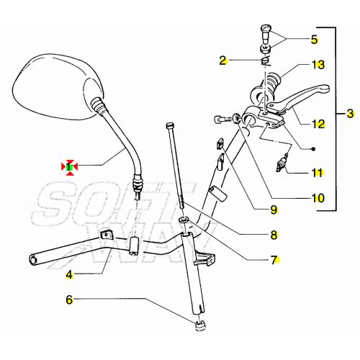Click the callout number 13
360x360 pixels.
pos(318,65)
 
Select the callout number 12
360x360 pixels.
pos(318,123)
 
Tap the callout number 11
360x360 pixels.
pos(318,173)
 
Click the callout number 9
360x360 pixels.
pos(274,211)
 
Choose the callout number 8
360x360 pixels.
pos(274,234)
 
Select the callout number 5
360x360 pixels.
pos(313,39)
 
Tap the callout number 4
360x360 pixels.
pos(69,274)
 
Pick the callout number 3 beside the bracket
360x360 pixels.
pos(350,113)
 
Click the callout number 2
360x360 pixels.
pos(223,60)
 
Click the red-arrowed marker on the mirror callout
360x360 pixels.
pos(69,167)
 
